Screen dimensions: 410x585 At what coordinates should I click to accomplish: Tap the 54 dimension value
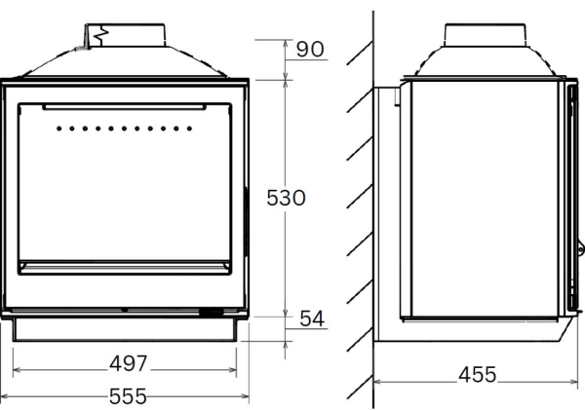pos(312,318)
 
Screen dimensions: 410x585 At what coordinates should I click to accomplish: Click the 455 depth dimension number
pos(475,374)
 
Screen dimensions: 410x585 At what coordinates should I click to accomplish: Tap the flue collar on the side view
pos(487,33)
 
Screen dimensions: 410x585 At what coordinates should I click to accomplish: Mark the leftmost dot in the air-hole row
pos(60,128)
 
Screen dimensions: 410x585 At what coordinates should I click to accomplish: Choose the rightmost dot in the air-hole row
pos(189,128)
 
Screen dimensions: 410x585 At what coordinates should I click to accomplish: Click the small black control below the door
pos(209,313)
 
